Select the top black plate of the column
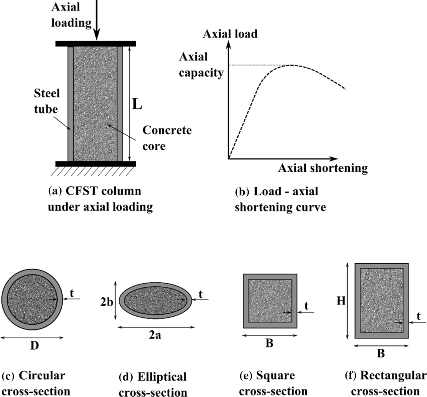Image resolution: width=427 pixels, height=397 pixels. [96, 43]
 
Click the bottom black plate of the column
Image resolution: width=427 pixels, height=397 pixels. [96, 164]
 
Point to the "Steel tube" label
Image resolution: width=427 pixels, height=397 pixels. [47, 101]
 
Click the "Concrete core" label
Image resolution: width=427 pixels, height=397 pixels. [167, 138]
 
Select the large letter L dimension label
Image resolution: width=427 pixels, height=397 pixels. [137, 104]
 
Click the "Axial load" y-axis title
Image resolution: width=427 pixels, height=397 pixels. [229, 34]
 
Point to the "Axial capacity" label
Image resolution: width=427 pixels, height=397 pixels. [201, 64]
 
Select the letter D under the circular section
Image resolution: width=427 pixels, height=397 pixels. [34, 345]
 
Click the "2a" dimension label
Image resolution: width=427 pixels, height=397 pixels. [155, 335]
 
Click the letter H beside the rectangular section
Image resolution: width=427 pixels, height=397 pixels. [341, 301]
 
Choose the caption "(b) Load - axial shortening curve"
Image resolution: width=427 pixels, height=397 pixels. [280, 199]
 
